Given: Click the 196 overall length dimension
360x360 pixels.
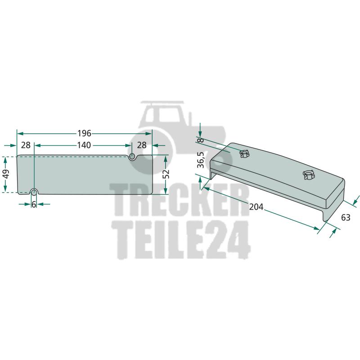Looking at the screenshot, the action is [x=84, y=133].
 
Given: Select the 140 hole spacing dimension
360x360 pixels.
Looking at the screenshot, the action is [x=84, y=145].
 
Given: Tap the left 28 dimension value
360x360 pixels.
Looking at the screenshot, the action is [x=26, y=145].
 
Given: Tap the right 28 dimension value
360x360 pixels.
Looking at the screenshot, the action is [x=142, y=145].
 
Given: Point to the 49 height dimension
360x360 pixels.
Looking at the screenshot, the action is [x=6, y=174].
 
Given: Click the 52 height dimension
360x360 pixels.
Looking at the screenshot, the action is [x=166, y=174].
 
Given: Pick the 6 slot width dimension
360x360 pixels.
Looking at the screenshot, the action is [x=34, y=204].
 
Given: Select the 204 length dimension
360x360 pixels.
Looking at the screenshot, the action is [x=256, y=207].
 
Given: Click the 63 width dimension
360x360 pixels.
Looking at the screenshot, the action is [x=346, y=217].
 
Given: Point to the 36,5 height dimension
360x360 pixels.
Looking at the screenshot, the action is [x=200, y=160].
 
